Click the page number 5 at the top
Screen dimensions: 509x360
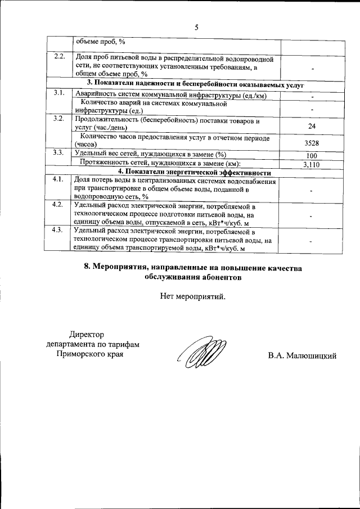196,27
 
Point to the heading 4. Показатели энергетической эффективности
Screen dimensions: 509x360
194,172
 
